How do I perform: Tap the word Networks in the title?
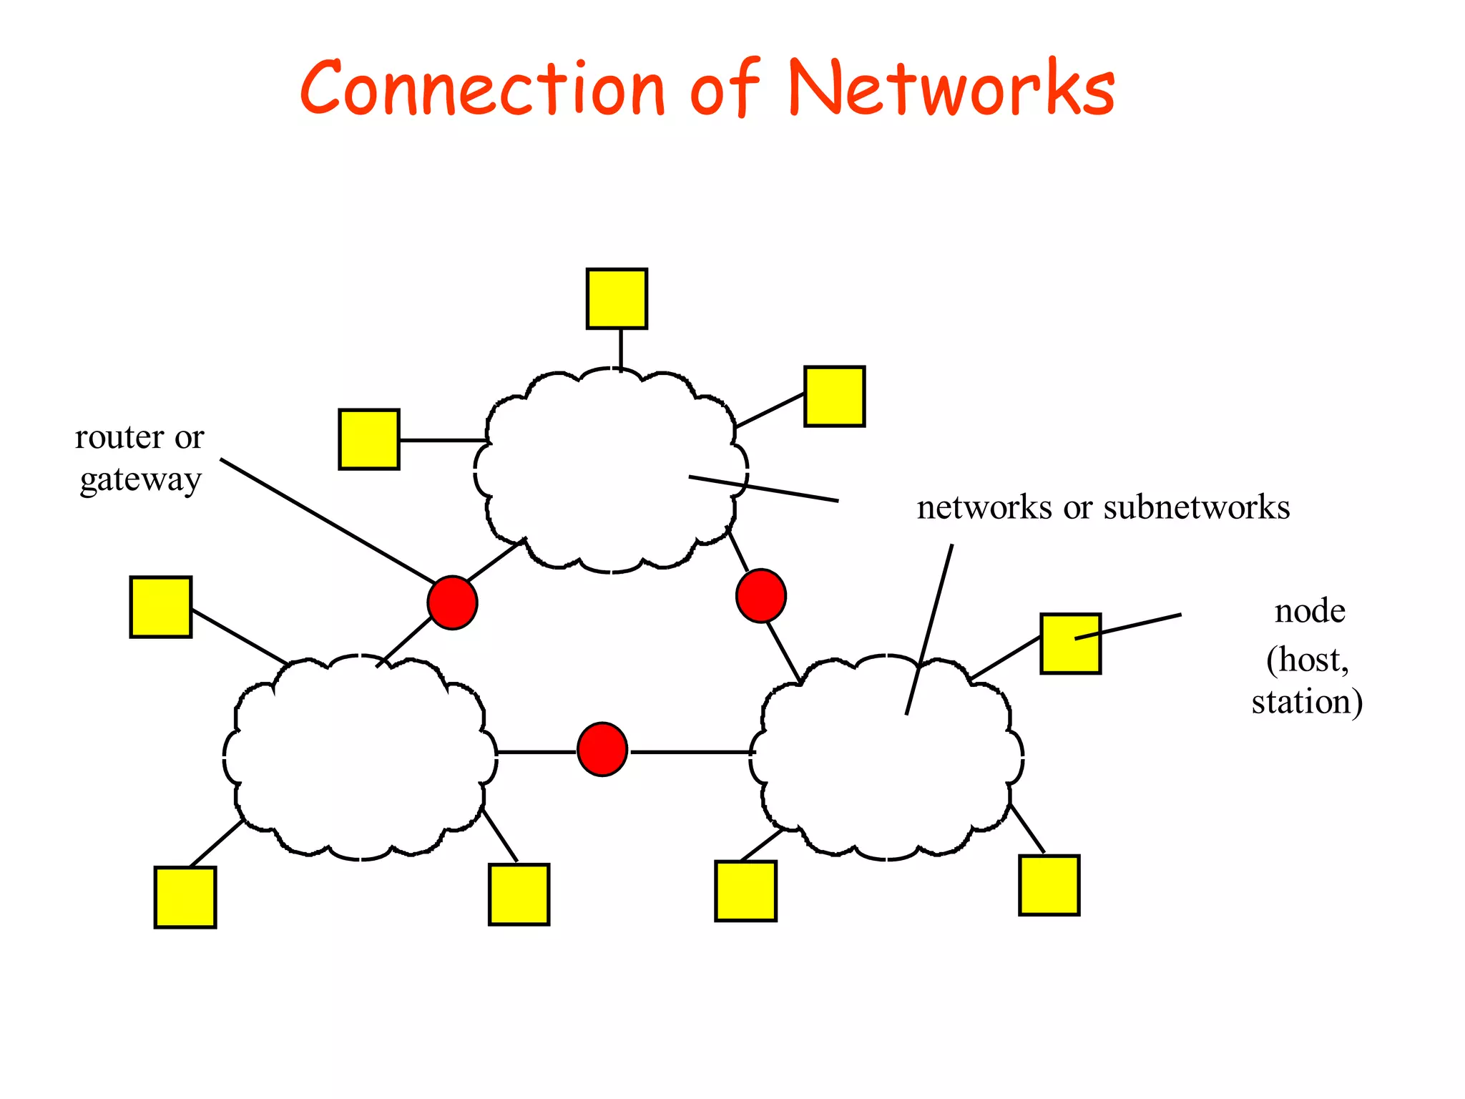click(951, 89)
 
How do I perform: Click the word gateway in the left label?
click(140, 480)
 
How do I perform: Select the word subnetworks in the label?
click(1197, 507)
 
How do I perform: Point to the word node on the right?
click(1310, 612)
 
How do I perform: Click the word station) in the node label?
click(1307, 702)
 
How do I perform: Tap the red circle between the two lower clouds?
click(602, 749)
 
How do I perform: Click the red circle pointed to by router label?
click(452, 602)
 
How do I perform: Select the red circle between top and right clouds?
click(761, 595)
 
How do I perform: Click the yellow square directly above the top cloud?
click(617, 299)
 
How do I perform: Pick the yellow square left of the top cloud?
click(368, 439)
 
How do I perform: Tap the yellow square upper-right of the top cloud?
click(834, 396)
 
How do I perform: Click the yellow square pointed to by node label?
click(1070, 643)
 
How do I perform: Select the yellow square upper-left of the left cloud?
click(161, 607)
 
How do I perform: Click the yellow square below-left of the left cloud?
click(185, 897)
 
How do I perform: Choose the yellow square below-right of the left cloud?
click(519, 894)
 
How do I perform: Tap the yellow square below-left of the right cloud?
click(745, 891)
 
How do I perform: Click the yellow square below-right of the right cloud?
click(1049, 885)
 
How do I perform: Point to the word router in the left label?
click(119, 437)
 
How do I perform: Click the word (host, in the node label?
click(1308, 659)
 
